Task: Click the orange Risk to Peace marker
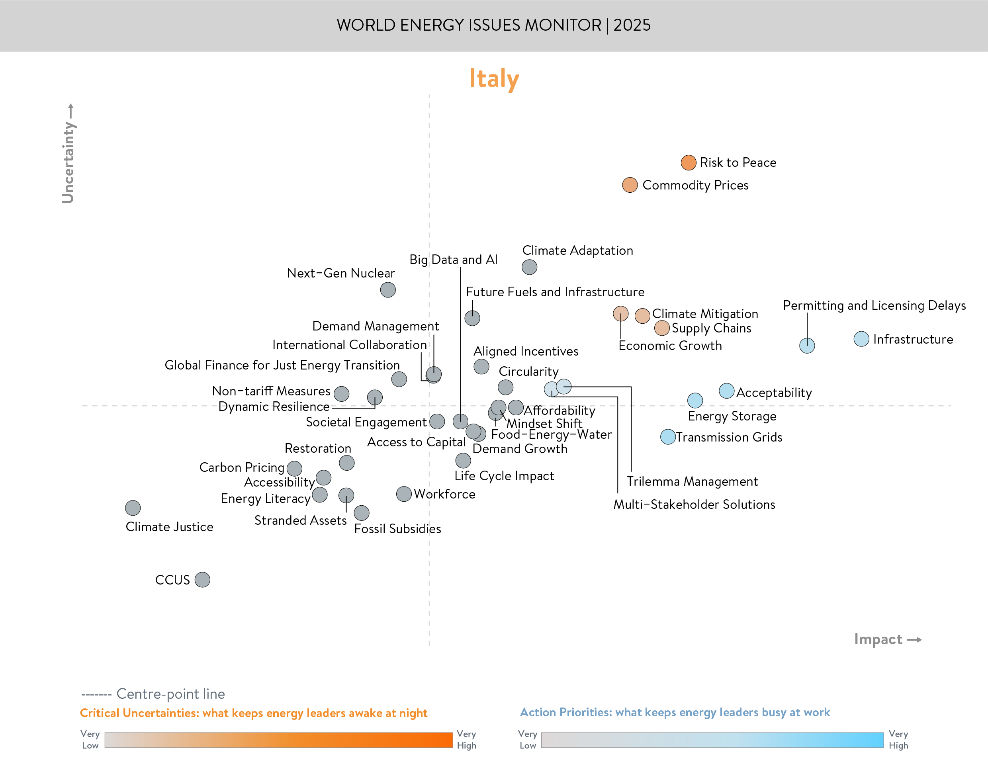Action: coord(688,162)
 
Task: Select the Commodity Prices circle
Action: coord(630,185)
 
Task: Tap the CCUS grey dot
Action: coord(202,580)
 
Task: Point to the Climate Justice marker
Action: coord(133,508)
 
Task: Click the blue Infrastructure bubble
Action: coord(861,339)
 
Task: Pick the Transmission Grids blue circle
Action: coord(668,437)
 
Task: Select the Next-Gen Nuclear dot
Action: coord(388,290)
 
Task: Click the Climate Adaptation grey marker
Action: coord(529,267)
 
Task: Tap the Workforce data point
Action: coord(403,494)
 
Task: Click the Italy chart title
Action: coord(494,79)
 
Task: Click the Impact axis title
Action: coord(878,639)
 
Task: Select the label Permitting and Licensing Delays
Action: coord(874,305)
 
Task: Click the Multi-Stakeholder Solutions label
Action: coord(694,504)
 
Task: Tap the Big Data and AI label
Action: coord(453,260)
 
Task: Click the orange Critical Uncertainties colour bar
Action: coord(278,740)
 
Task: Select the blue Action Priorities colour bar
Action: coord(712,740)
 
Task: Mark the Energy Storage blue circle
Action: coord(695,401)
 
